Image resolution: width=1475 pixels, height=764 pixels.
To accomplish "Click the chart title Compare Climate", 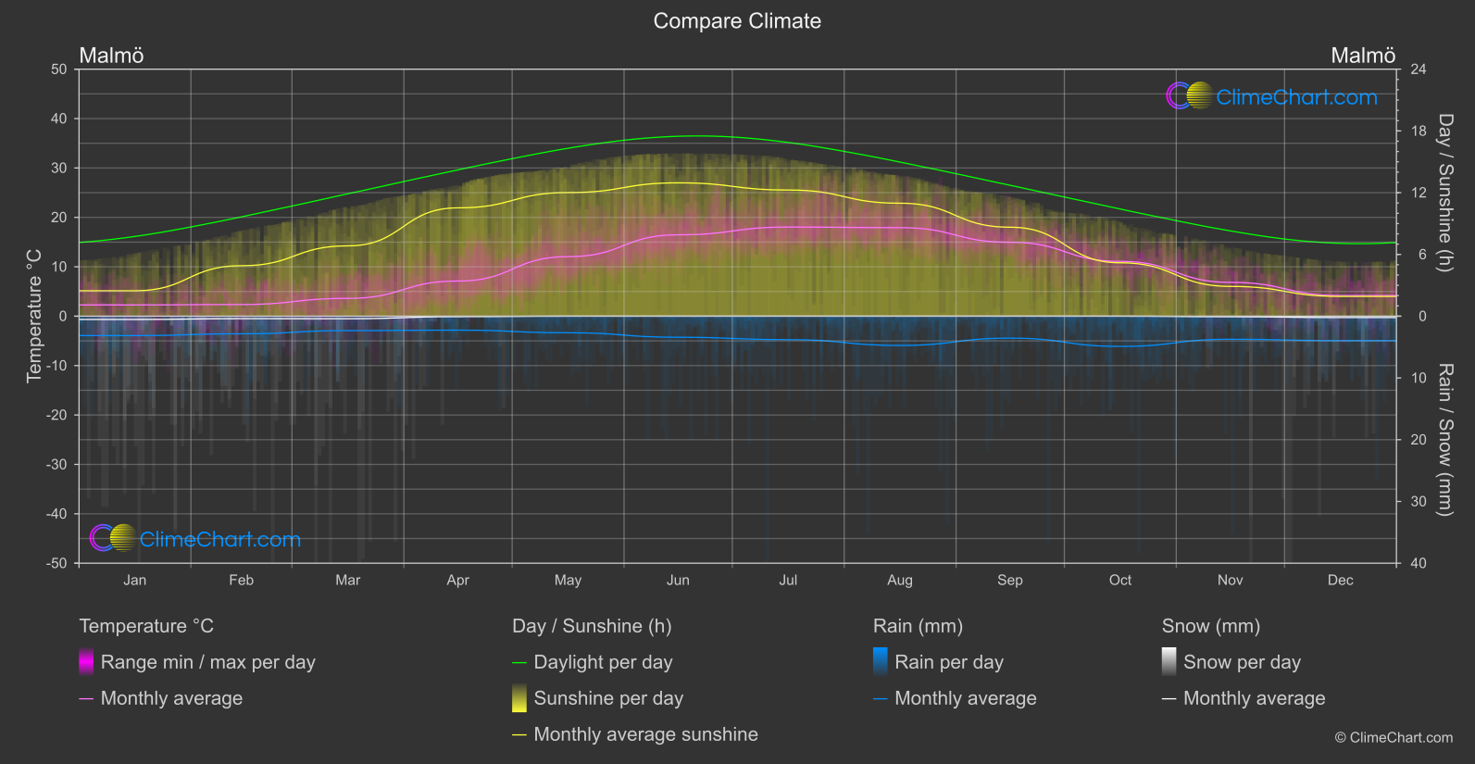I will pyautogui.click(x=737, y=21).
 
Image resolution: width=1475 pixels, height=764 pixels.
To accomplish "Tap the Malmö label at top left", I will pyautogui.click(x=111, y=56).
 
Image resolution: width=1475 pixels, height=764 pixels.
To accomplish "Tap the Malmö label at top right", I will pyautogui.click(x=1362, y=56).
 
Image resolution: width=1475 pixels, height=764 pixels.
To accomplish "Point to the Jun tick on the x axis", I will pyautogui.click(x=678, y=581).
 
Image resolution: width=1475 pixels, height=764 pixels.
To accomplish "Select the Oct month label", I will pyautogui.click(x=1119, y=581).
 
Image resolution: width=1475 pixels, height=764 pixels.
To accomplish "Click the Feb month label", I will pyautogui.click(x=241, y=581).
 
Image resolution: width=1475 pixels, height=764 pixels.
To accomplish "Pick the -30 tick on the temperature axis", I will pyautogui.click(x=57, y=465).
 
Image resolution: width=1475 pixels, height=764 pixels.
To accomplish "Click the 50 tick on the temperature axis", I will pyautogui.click(x=59, y=69).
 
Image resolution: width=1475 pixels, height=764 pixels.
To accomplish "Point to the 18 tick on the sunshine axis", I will pyautogui.click(x=1419, y=132).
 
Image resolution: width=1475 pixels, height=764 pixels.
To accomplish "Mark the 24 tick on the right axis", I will pyautogui.click(x=1419, y=69).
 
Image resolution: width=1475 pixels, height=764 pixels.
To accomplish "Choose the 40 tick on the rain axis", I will pyautogui.click(x=1419, y=563).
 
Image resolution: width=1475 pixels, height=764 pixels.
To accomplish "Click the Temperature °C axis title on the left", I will pyautogui.click(x=34, y=316).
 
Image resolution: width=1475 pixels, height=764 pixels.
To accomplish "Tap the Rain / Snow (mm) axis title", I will pyautogui.click(x=1444, y=439).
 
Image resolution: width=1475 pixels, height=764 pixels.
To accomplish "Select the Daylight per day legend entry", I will pyautogui.click(x=603, y=662).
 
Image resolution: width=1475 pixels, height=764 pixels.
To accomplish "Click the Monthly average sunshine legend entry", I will pyautogui.click(x=645, y=734).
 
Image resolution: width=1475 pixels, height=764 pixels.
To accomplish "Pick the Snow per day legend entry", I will pyautogui.click(x=1242, y=662).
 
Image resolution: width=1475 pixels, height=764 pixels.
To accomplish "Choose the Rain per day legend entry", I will pyautogui.click(x=948, y=662).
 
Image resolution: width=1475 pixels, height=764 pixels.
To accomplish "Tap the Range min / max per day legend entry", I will pyautogui.click(x=207, y=662).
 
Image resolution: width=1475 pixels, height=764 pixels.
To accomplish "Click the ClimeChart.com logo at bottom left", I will pyautogui.click(x=195, y=539).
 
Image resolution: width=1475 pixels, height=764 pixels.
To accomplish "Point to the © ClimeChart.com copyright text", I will pyautogui.click(x=1394, y=738).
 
